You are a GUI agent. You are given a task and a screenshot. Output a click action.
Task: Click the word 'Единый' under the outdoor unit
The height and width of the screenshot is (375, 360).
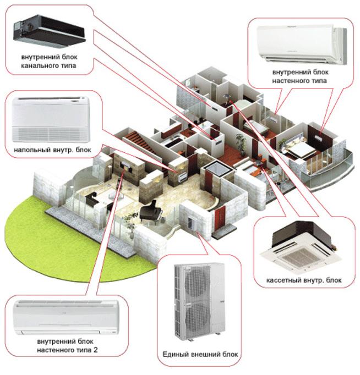point(175,355)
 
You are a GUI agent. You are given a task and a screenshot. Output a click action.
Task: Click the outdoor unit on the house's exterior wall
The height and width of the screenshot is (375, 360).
point(192,224)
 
